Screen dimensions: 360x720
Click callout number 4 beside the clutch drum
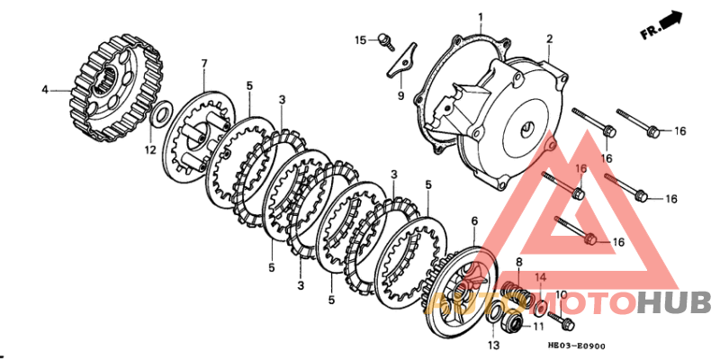coord(44,89)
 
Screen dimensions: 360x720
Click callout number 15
coord(360,40)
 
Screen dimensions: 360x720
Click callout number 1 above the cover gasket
coord(481,16)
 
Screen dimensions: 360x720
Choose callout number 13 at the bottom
coord(492,346)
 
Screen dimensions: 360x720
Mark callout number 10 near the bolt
coord(561,294)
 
